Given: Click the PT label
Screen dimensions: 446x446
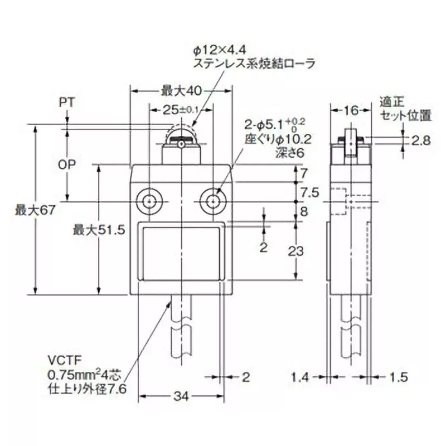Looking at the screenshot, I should pos(67,103).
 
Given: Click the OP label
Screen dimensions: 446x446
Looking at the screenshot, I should pos(67,165).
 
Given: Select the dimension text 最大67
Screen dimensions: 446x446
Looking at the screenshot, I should pos(32,211).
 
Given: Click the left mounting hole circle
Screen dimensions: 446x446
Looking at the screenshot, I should pos(149,201).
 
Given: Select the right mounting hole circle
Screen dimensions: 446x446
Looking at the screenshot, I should pos(213,201).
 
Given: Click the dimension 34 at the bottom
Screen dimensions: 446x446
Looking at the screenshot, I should pos(180,396).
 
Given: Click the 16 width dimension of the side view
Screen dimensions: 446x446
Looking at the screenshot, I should pos(350,110).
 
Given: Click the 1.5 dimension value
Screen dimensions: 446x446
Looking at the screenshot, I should pos(398,377).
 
